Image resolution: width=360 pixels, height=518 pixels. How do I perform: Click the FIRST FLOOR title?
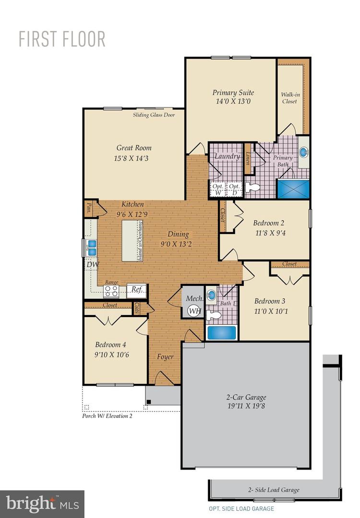62,39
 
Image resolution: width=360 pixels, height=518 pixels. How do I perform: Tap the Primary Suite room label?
233,93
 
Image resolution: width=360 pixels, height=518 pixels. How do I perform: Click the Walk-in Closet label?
289,98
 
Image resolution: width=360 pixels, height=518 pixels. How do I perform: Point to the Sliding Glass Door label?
154,115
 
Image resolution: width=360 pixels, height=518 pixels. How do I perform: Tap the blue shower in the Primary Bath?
294,188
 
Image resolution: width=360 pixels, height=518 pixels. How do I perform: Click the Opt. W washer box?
217,188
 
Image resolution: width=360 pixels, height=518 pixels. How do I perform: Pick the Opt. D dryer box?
234,188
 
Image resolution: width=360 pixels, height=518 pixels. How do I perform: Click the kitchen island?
134,241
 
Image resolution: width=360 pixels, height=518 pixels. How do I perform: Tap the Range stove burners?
111,291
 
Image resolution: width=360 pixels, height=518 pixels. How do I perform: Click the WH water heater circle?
194,311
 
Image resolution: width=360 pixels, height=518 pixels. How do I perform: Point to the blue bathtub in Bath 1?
221,332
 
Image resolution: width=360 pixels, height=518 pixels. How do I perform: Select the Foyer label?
165,356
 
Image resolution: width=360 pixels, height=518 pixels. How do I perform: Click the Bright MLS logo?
42,504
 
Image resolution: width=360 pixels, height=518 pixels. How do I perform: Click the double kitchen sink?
91,247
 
